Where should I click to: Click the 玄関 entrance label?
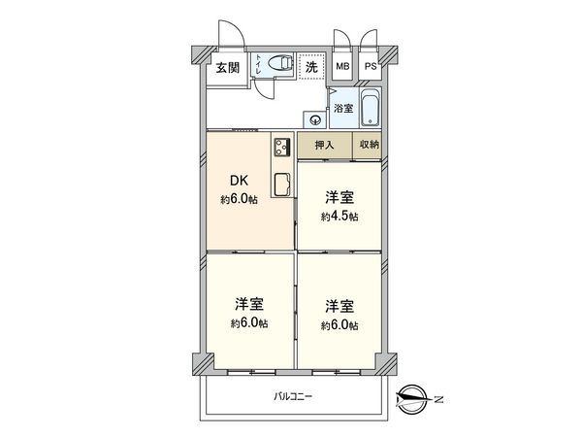pyautogui.click(x=227, y=68)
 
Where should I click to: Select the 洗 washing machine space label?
pyautogui.click(x=311, y=68)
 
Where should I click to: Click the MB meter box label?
pyautogui.click(x=341, y=68)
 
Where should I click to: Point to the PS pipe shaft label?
pyautogui.click(x=371, y=68)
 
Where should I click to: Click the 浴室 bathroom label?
pyautogui.click(x=343, y=109)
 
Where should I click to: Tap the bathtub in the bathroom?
pyautogui.click(x=370, y=109)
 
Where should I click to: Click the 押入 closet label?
pyautogui.click(x=324, y=145)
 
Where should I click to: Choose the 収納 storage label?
pyautogui.click(x=369, y=145)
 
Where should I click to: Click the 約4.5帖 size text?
pyautogui.click(x=339, y=217)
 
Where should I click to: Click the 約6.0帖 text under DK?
pyautogui.click(x=239, y=200)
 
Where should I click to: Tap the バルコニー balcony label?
pyautogui.click(x=292, y=396)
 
